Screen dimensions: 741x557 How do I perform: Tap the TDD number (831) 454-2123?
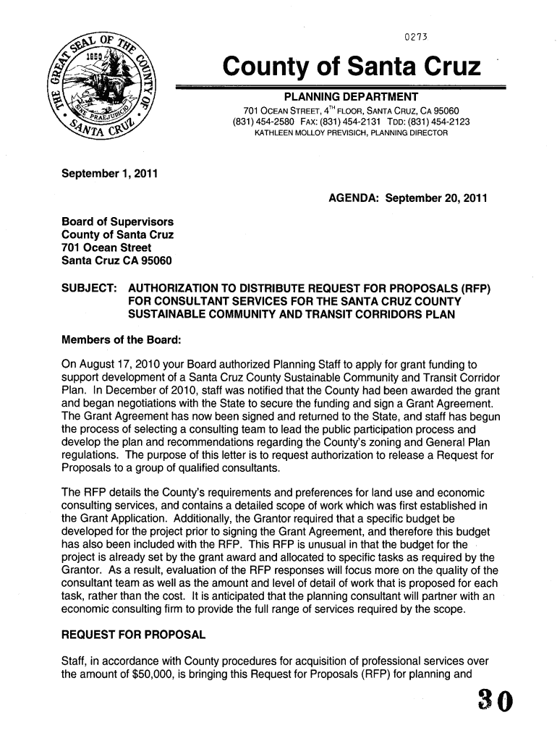[x=435, y=122]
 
